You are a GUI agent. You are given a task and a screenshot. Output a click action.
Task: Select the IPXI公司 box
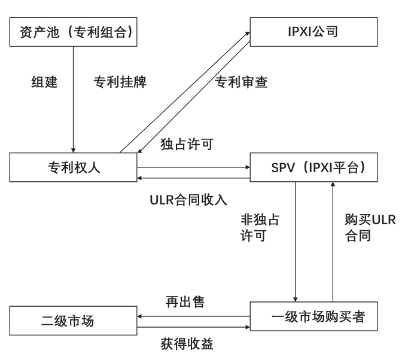(313, 31)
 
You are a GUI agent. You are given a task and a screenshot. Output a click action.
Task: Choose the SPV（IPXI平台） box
(313, 167)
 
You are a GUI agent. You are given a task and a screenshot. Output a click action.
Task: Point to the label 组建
(44, 82)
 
